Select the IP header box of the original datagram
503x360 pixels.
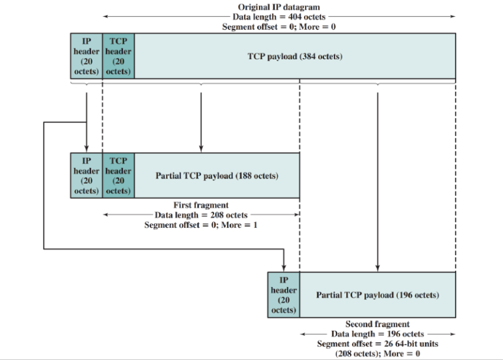87,56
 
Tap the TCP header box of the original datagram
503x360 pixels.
118,56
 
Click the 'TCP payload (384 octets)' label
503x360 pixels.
295,56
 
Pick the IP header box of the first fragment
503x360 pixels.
87,175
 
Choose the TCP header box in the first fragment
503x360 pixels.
118,175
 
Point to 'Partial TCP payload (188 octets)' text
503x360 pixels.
217,176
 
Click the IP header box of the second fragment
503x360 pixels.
284,295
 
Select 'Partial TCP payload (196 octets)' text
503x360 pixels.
377,295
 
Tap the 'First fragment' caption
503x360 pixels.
201,205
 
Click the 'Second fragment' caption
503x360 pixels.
377,324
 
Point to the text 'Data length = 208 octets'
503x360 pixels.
201,215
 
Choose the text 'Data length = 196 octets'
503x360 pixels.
377,334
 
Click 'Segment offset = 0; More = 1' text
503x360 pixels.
201,225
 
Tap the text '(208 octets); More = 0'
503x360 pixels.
377,353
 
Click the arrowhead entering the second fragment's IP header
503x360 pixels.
284,268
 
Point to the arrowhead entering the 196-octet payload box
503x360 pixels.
377,268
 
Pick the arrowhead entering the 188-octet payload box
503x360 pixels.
201,149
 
